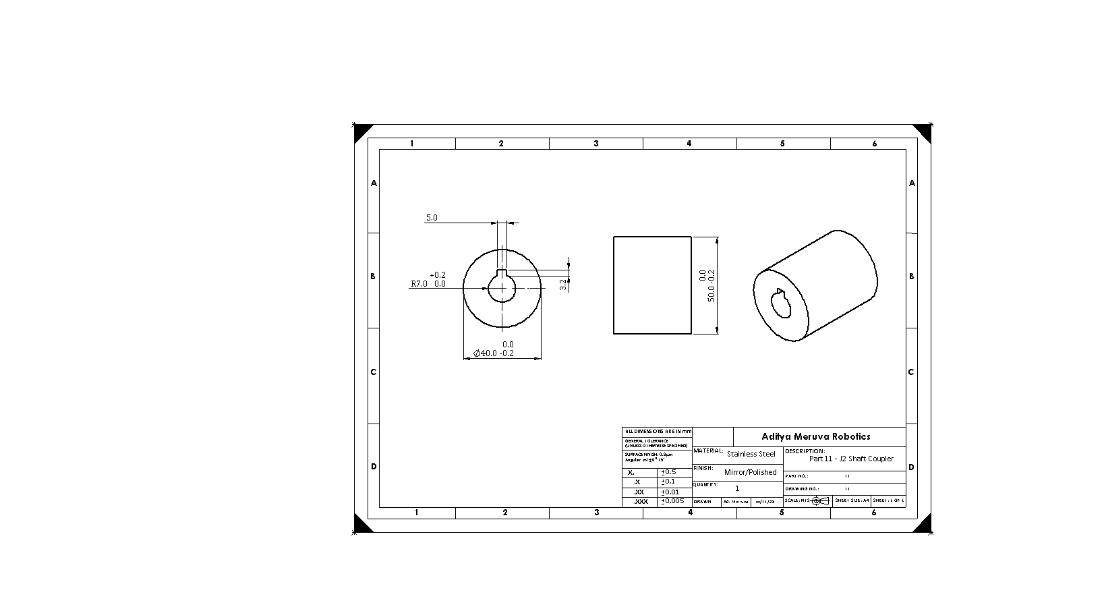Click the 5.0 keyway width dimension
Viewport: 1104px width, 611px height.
coord(432,218)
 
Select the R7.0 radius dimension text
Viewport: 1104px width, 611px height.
coord(419,284)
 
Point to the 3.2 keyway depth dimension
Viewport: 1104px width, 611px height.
coord(563,285)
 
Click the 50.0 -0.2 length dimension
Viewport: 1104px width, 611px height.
coord(711,285)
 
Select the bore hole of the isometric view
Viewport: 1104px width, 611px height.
coord(782,303)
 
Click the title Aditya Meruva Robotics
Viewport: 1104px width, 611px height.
coord(815,436)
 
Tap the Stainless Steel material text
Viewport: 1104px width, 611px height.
coord(751,454)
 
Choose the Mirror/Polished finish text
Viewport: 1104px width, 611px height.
coord(750,472)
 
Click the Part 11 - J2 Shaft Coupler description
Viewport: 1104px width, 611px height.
coord(851,459)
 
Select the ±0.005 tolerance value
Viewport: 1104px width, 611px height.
coord(673,501)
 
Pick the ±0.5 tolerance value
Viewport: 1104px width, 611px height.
coord(668,472)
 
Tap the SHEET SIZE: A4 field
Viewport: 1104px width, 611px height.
coord(852,501)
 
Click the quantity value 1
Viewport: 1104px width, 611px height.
coord(737,488)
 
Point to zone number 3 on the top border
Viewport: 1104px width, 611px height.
coord(596,144)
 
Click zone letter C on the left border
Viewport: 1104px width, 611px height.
coord(373,372)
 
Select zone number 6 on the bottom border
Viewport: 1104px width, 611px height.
coord(874,513)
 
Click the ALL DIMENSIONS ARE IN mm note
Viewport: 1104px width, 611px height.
coord(657,431)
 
